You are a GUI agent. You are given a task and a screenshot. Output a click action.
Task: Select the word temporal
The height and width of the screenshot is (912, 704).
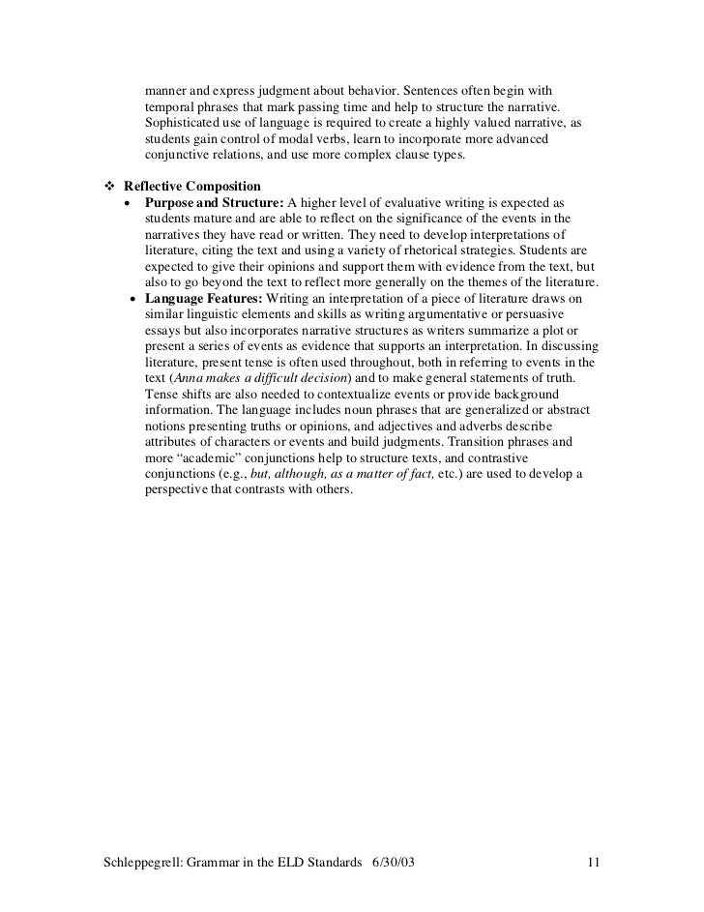click(x=170, y=107)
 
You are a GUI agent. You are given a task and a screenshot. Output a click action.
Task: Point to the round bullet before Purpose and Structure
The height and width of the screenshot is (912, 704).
click(x=130, y=202)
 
